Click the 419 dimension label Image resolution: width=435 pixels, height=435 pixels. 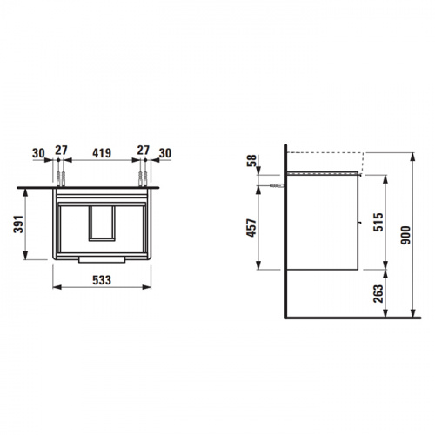point(102,153)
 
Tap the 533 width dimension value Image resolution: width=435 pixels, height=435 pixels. point(102,280)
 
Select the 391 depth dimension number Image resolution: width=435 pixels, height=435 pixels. point(19,224)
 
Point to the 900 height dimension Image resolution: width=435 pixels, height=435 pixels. point(405,235)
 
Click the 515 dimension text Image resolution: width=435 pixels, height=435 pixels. point(378,222)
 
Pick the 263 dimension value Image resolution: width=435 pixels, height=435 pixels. point(378,294)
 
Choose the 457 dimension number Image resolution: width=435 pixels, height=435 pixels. point(251,228)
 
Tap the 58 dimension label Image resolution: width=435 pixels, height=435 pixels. point(251,160)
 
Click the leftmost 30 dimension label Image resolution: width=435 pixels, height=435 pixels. point(38,153)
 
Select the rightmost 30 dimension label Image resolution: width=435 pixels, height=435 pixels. point(165,153)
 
